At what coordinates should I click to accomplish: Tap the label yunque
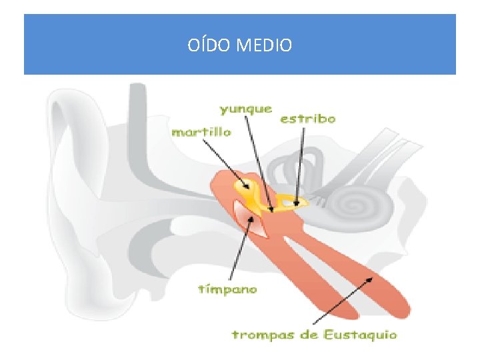click(x=246, y=108)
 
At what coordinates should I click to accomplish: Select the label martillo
click(x=201, y=132)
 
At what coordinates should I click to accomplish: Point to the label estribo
click(x=307, y=119)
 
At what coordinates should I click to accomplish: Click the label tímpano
click(x=228, y=289)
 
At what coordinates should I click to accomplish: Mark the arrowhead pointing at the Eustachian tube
click(x=371, y=279)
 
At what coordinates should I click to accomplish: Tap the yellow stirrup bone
click(x=292, y=201)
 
